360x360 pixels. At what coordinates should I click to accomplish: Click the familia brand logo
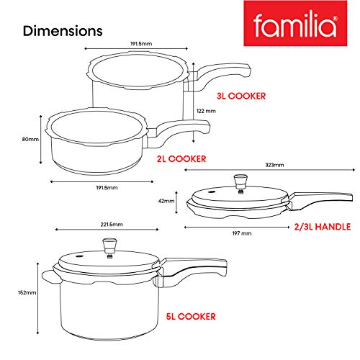[295, 23]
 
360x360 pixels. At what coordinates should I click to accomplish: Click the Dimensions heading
[63, 31]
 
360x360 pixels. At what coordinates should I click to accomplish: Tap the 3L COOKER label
[241, 96]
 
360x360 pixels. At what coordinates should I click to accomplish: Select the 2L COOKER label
[181, 159]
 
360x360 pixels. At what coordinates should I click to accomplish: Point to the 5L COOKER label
[191, 316]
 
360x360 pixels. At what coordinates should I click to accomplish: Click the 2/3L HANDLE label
[323, 227]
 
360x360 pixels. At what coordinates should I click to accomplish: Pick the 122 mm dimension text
[206, 111]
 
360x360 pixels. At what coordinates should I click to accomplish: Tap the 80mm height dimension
[30, 139]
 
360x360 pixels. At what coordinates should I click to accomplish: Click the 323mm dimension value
[274, 165]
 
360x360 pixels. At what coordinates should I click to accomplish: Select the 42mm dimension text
[166, 201]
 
